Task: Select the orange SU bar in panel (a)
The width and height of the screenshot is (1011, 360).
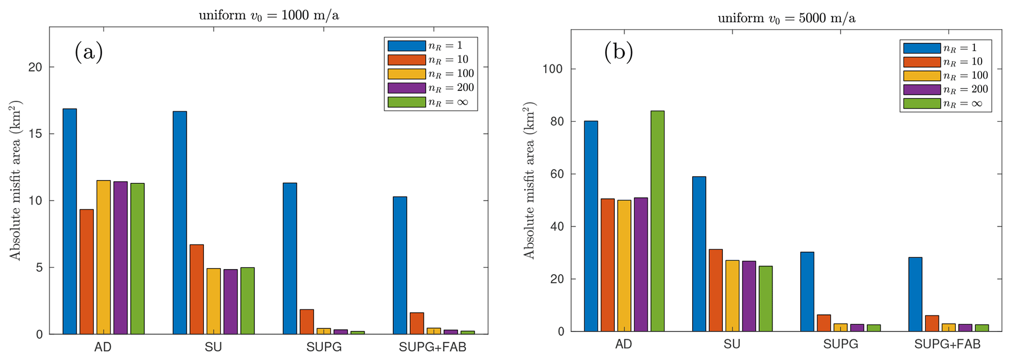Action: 197,289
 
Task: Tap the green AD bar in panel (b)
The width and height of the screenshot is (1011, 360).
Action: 657,221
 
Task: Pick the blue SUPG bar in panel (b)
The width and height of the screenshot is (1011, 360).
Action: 807,292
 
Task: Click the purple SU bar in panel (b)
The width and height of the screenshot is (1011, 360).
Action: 749,296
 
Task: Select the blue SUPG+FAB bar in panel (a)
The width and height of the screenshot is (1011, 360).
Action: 400,265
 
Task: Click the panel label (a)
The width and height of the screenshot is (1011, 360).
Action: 89,52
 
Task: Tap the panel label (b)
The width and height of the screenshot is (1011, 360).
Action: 618,52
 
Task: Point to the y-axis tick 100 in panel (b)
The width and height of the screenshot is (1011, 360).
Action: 553,69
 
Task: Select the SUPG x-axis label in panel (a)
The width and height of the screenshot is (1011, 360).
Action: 324,347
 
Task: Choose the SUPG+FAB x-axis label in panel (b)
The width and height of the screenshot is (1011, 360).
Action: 947,344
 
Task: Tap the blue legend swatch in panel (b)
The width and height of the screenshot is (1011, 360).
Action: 921,48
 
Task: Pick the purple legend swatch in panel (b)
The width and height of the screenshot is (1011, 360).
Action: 921,90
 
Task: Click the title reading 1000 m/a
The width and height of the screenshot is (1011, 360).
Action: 269,15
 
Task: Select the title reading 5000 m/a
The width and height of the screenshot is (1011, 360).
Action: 786,19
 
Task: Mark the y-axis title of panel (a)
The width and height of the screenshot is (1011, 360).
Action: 16,180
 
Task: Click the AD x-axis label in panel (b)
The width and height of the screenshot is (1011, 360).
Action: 623,344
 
